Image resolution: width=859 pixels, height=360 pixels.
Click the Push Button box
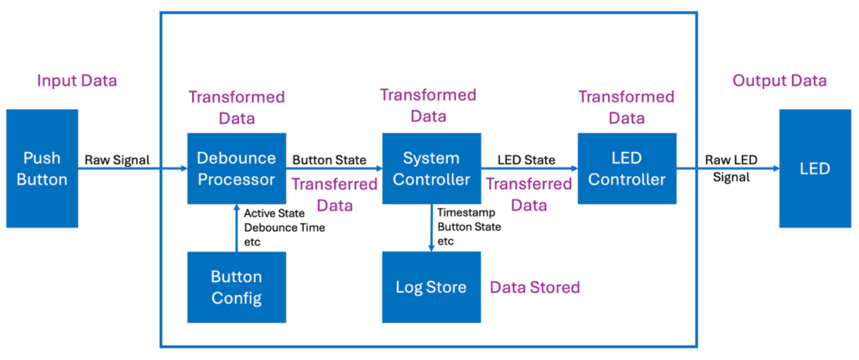(42, 168)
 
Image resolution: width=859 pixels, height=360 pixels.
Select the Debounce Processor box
(236, 168)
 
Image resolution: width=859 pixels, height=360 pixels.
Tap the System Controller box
(431, 168)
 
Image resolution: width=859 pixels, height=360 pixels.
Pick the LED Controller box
(627, 168)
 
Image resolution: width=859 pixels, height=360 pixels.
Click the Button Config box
(236, 287)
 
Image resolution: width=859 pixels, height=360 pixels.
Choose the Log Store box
(431, 287)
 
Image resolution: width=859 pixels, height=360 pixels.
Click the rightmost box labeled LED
(814, 168)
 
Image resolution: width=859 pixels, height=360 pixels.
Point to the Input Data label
(76, 81)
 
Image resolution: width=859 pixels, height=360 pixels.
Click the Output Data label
(779, 81)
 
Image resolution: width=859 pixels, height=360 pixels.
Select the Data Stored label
(535, 287)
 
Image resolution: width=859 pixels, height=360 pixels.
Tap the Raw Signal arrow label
(117, 159)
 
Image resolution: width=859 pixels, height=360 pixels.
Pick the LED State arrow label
(526, 159)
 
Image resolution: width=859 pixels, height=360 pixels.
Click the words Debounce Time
(284, 227)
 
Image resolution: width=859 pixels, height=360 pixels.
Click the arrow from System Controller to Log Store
(431, 228)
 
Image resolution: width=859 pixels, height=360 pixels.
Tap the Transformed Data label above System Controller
(428, 106)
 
